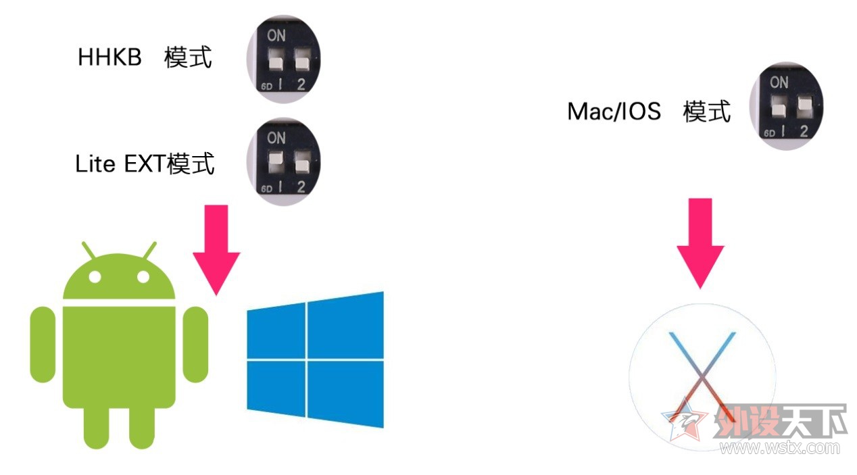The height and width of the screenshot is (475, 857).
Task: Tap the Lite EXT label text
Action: click(x=145, y=164)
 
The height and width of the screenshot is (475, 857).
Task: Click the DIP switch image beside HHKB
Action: click(x=283, y=59)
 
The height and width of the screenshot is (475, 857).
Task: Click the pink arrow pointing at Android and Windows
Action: click(x=216, y=250)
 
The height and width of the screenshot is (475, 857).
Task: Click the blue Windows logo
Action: click(x=315, y=359)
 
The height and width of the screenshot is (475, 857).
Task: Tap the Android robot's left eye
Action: click(x=95, y=277)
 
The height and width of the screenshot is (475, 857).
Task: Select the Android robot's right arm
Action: click(x=196, y=345)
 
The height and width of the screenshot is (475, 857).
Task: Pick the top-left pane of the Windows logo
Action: click(x=276, y=330)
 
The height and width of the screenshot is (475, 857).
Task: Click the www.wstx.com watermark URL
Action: click(x=779, y=448)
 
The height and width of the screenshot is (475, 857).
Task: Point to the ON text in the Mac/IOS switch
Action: click(x=779, y=82)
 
